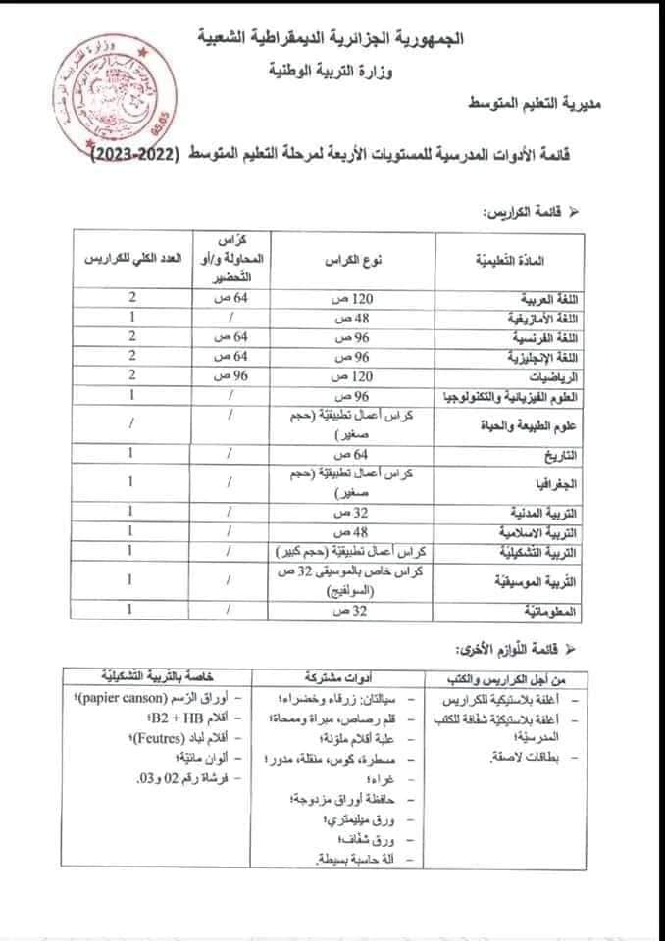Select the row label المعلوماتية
tap(573, 611)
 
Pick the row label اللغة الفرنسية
tap(564, 336)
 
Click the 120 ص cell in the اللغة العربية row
tap(362, 297)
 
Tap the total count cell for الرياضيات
tap(131, 375)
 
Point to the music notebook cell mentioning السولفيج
tap(363, 582)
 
